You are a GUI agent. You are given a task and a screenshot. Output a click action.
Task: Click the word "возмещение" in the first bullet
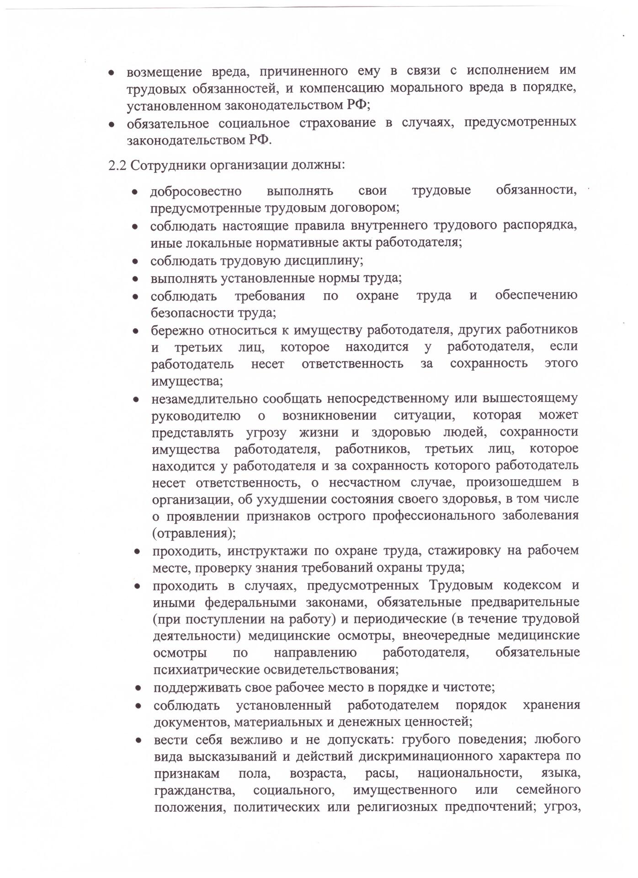point(164,71)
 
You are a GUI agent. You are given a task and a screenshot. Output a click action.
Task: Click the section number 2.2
point(117,165)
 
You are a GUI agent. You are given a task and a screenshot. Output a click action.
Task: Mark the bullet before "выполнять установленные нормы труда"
point(135,278)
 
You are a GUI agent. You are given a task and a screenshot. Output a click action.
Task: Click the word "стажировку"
point(464,551)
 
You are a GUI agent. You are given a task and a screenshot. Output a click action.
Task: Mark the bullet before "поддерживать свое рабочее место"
point(138,688)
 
